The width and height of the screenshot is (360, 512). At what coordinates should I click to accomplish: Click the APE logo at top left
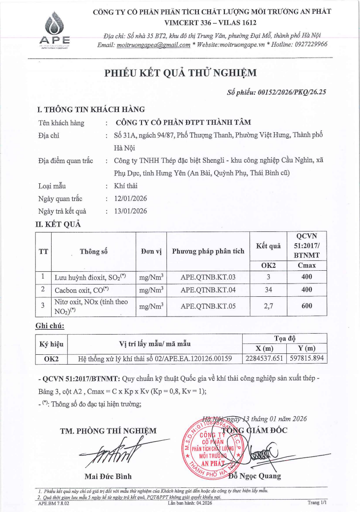(55, 31)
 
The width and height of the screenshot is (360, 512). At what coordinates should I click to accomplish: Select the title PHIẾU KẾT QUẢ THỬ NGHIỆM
(180, 74)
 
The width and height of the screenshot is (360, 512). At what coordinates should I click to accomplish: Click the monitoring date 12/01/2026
(130, 199)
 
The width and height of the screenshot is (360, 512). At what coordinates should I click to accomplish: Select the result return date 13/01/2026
(130, 211)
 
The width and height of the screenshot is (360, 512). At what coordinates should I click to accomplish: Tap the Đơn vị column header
(151, 252)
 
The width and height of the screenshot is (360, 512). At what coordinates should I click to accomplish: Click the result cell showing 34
(268, 290)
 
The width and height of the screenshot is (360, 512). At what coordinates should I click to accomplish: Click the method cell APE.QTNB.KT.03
(208, 277)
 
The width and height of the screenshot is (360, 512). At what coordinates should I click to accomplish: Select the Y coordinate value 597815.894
(306, 359)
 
